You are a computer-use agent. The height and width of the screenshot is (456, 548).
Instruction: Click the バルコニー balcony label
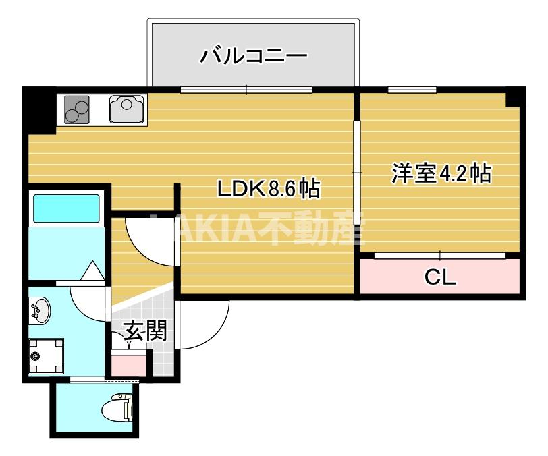254,55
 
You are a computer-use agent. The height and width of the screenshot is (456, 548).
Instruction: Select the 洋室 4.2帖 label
441,173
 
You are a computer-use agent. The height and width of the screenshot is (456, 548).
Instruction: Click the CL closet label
440,276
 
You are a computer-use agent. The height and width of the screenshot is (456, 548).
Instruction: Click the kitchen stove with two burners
77,109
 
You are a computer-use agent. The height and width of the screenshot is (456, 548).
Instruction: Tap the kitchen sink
126,108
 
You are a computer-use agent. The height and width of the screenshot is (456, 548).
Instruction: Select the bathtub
66,208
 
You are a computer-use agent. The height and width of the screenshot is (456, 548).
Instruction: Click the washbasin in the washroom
40,310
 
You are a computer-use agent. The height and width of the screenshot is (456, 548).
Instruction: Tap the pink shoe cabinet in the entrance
128,365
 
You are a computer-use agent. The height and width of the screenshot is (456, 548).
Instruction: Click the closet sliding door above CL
440,255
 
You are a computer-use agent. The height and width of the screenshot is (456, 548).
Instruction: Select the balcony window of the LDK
247,89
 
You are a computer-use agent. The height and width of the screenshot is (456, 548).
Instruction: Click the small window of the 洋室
412,89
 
